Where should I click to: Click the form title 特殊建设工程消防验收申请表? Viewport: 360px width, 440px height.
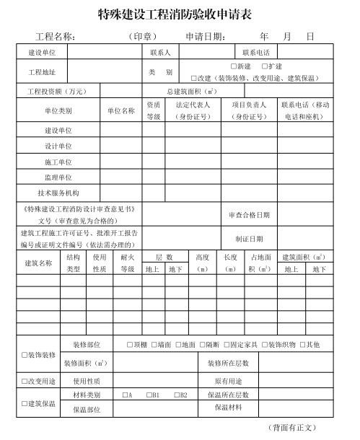point(180,14)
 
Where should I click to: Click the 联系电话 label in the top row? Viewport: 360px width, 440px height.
point(255,53)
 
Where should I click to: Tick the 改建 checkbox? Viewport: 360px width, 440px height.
point(194,77)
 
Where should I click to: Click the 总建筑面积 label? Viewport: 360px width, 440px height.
point(191,92)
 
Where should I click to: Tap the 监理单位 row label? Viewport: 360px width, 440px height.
point(58,177)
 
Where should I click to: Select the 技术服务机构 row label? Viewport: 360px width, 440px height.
point(58,193)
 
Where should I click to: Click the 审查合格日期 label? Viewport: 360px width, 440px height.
point(249,215)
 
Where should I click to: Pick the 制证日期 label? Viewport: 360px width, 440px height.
point(249,239)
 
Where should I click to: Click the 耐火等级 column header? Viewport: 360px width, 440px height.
point(128,263)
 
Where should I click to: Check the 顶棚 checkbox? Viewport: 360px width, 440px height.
point(130,344)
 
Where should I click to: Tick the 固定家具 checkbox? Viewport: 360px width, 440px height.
point(227,344)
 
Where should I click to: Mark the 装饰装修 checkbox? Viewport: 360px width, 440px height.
point(25,355)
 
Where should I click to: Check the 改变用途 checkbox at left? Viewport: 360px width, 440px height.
point(25,381)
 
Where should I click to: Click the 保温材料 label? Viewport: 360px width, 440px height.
point(229,408)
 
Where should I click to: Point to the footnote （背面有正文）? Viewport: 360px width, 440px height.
point(291,428)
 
